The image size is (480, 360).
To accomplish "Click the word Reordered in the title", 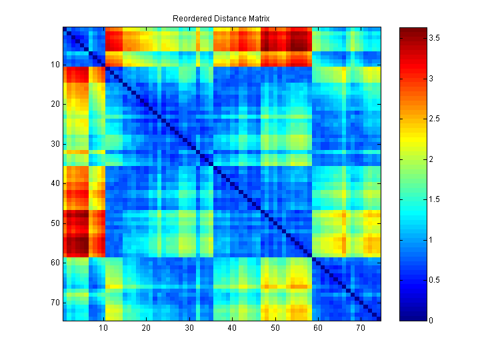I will (191, 18).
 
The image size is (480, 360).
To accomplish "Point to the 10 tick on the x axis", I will (103, 328).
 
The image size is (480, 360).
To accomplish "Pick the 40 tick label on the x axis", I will (232, 328).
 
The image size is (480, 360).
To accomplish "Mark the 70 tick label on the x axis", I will (361, 328).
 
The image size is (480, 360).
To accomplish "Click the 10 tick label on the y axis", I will (55, 65).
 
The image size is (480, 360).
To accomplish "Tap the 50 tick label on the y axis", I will (55, 223).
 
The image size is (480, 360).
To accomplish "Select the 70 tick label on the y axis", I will (55, 302).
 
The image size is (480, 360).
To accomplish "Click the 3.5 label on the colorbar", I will (434, 39).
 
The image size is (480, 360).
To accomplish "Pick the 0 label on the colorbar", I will (430, 321).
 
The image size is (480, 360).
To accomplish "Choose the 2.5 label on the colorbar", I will (434, 119).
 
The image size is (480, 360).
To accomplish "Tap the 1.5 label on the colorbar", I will (434, 200).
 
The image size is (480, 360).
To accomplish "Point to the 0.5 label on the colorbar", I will (434, 280).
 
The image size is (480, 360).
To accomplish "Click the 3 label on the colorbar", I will (430, 79).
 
